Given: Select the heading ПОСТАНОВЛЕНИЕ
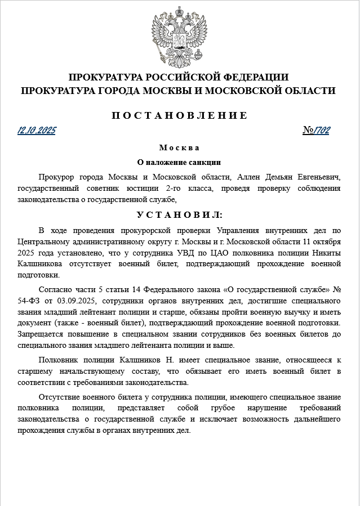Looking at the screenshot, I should [x=179, y=115].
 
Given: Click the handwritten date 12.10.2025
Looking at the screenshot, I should [x=37, y=131].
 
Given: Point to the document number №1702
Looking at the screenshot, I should [x=316, y=131].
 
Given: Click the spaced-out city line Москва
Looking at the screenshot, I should [x=179, y=148].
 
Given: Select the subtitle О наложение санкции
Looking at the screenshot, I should [x=179, y=162].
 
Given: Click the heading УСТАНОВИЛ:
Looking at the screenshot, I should [x=179, y=215].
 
